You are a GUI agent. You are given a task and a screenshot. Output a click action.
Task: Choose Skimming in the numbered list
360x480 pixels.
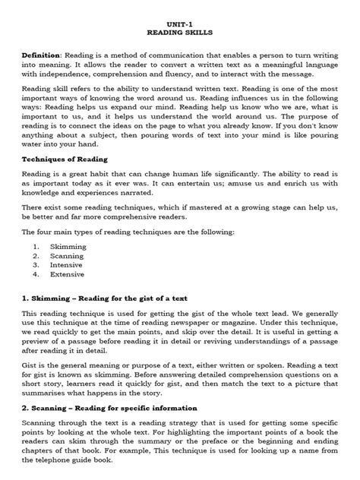[x=68, y=247]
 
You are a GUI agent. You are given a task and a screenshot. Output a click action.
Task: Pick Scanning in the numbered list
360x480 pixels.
[x=68, y=257]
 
